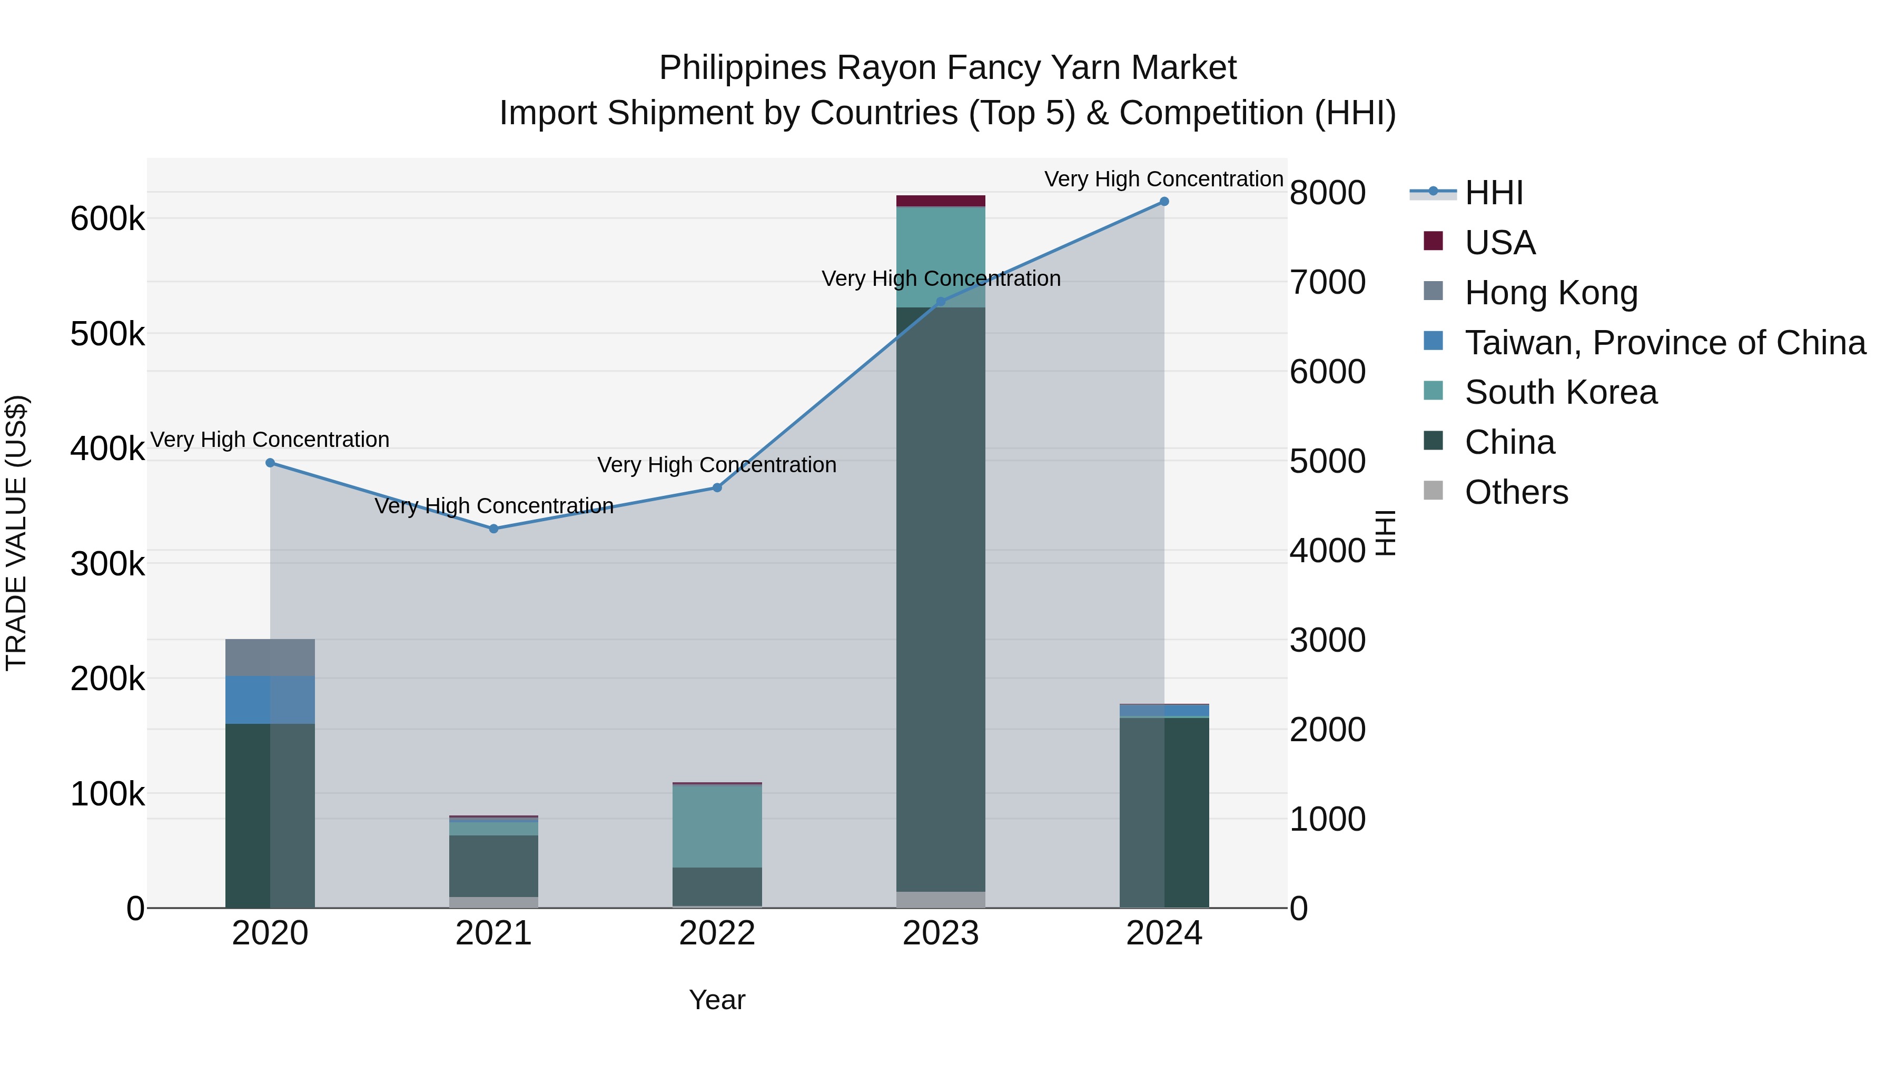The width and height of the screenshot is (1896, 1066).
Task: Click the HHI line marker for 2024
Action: coord(1163,202)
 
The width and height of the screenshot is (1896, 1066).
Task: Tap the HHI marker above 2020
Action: coord(270,463)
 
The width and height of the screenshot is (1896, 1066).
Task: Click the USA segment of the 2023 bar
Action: coord(941,201)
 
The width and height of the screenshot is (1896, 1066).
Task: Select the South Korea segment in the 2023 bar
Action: coord(941,257)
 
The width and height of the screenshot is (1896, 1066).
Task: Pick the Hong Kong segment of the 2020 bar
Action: coord(270,657)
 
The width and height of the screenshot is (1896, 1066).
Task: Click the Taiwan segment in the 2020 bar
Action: coord(270,700)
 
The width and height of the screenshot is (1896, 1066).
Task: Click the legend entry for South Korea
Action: coord(1561,392)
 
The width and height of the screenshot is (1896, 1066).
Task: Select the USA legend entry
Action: coord(1499,243)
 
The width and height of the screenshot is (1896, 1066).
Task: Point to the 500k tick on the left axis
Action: coord(107,334)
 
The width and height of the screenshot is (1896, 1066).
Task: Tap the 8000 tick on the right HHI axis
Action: coord(1327,193)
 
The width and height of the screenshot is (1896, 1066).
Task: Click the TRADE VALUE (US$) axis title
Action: coord(16,533)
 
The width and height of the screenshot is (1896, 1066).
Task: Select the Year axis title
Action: coord(717,1000)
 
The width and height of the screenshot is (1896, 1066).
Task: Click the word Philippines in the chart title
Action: coord(743,68)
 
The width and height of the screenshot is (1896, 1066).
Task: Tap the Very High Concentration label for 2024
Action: coord(1163,179)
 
